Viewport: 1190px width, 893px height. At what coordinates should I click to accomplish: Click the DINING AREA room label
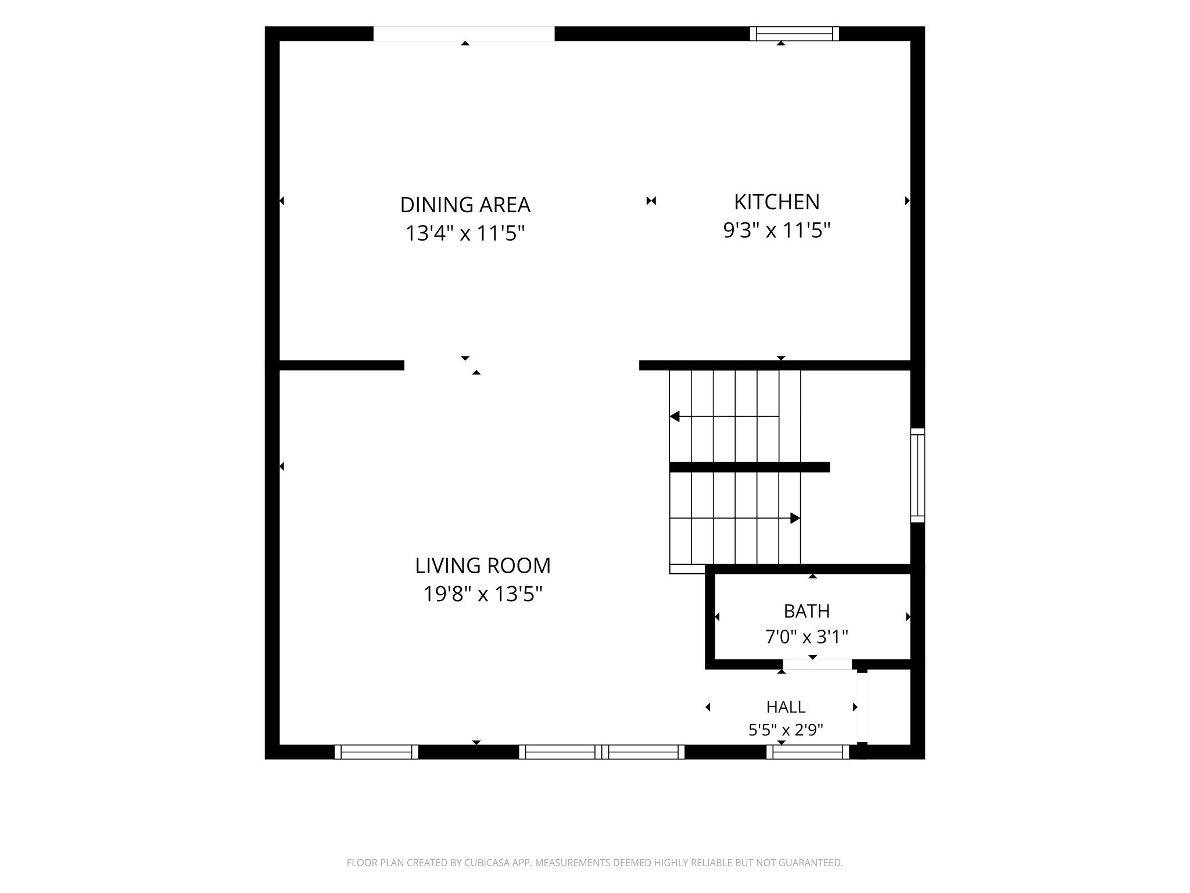tap(465, 205)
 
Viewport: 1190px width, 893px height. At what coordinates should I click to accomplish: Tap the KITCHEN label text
tap(777, 202)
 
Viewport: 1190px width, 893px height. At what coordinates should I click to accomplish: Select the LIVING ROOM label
tap(483, 565)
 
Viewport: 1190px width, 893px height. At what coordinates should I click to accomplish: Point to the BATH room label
tap(807, 611)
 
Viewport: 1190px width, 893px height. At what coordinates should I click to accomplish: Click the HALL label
tap(786, 707)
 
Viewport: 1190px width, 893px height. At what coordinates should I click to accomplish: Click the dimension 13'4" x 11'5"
tap(465, 234)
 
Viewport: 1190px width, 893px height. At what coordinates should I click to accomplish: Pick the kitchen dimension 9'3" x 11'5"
tap(777, 231)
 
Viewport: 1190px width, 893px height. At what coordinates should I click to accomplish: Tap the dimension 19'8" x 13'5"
tap(483, 594)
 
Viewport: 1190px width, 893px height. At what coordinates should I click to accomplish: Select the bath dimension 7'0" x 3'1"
tap(807, 637)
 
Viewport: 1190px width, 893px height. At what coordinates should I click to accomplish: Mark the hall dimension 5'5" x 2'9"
tap(786, 730)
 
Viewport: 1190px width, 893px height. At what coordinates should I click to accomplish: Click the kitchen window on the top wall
tap(794, 34)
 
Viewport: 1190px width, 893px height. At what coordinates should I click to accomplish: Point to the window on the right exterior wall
tap(917, 475)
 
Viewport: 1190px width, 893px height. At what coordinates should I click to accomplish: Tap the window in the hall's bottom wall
tap(808, 752)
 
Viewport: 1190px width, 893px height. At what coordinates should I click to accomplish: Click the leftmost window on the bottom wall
tap(376, 752)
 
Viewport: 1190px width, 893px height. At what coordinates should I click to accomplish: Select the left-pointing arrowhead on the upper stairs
tap(675, 416)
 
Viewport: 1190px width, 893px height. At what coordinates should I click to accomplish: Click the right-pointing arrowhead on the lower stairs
tap(795, 518)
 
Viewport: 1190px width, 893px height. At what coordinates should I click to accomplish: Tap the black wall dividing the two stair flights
tap(750, 467)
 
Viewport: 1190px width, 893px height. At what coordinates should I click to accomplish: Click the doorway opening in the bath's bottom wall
tap(817, 665)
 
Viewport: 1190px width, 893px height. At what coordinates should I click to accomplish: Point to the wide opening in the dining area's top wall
tap(464, 34)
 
